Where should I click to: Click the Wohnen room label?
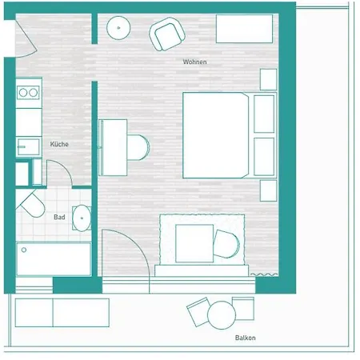[194, 62]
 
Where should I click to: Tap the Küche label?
[58, 144]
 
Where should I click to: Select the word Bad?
[59, 217]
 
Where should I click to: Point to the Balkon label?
[246, 338]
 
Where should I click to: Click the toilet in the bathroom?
[32, 205]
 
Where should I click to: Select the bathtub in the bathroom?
[53, 258]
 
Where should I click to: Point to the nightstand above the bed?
[268, 79]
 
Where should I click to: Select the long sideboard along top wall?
[246, 29]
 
